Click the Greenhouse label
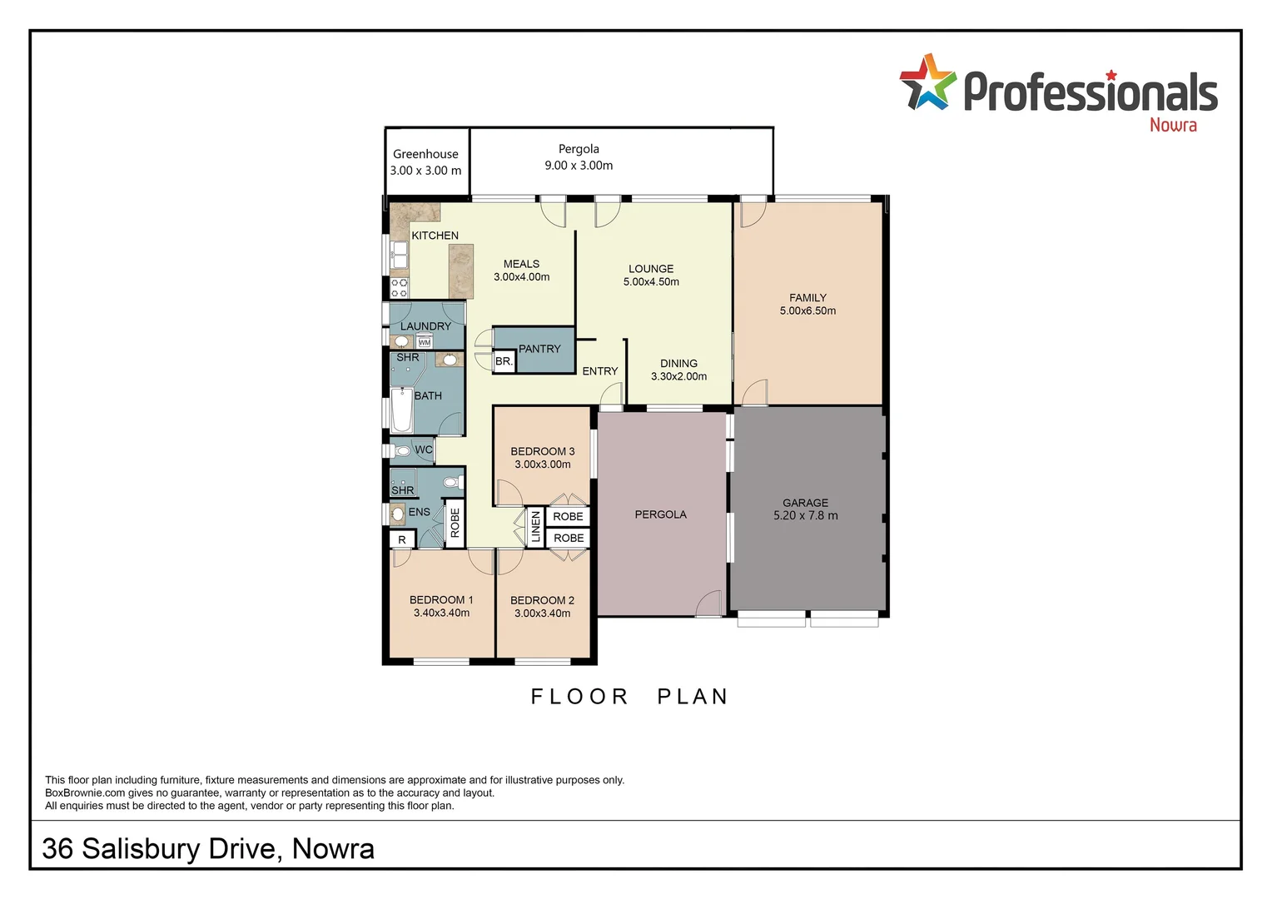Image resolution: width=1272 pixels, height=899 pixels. [x=425, y=154]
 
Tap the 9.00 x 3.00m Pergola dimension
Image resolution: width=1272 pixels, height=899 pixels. [x=579, y=166]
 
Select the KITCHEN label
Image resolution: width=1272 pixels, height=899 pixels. [x=435, y=236]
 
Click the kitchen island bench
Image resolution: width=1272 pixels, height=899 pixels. [x=460, y=271]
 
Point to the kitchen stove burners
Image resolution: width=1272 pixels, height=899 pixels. [x=400, y=288]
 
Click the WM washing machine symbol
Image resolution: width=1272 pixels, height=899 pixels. [x=425, y=342]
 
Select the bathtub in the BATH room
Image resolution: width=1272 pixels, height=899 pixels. [x=401, y=409]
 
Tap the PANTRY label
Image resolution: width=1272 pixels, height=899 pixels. [x=539, y=349]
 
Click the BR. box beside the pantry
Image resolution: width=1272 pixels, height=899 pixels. [x=504, y=361]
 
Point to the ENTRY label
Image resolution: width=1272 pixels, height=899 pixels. [x=599, y=371]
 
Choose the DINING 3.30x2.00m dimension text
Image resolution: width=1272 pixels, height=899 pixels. [x=678, y=376]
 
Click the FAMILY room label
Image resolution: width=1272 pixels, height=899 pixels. [x=807, y=298]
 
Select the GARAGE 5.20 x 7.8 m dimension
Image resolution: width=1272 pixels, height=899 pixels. [x=805, y=515]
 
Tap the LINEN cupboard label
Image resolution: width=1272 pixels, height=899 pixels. [x=535, y=527]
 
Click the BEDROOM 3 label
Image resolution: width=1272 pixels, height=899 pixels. [x=542, y=451]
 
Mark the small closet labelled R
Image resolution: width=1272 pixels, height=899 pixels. [x=402, y=540]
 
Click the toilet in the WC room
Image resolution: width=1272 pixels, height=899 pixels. [x=402, y=450]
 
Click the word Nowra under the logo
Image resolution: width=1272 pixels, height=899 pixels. [x=1172, y=125]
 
